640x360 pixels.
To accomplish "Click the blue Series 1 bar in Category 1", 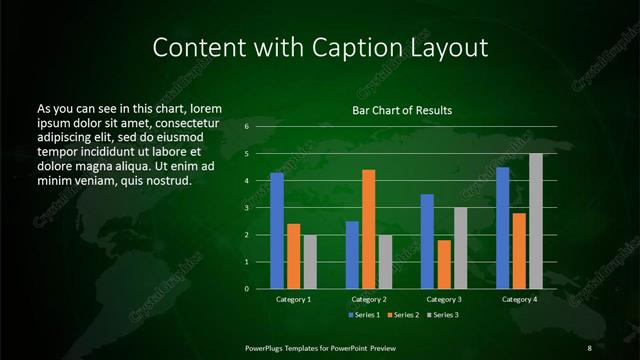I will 277,230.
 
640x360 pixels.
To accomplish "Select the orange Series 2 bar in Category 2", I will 369,229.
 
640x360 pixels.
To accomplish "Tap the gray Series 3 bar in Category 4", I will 536,221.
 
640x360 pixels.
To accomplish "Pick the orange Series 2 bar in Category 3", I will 444,264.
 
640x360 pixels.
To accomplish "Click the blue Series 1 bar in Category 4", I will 503,227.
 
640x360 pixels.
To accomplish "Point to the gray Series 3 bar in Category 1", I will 310,261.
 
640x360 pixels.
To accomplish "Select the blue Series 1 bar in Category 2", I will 352,254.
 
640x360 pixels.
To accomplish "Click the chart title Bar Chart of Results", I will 402,110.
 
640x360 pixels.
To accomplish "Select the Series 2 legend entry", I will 402,315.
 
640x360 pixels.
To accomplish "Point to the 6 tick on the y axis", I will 246,127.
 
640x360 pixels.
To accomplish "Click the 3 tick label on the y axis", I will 246,208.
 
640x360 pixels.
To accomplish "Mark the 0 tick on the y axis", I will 246,289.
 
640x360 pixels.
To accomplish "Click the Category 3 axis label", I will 444,299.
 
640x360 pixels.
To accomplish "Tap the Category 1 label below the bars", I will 294,299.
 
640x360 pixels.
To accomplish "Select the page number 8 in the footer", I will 590,347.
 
